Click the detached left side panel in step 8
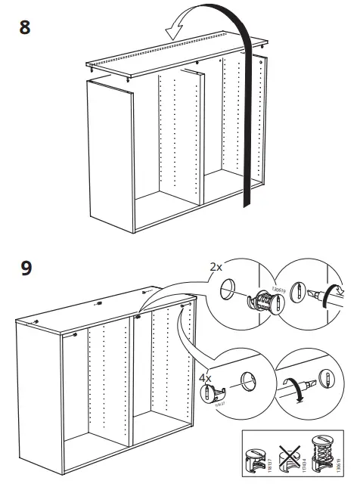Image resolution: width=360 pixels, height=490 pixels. (x=110, y=159)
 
